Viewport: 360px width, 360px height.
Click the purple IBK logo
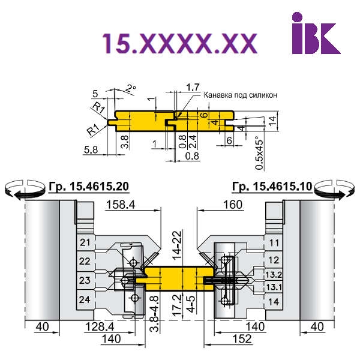point(316,33)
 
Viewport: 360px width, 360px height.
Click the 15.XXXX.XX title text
point(179,44)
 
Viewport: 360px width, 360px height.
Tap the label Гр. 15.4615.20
point(89,187)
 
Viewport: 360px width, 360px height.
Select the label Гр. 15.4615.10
point(272,187)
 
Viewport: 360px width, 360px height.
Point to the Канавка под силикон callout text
point(241,95)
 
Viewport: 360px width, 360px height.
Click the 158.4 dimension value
point(121,205)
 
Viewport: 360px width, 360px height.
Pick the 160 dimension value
point(233,205)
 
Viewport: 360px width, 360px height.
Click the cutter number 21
point(85,242)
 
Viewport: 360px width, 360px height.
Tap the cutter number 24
point(85,299)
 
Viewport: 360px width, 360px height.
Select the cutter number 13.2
point(274,275)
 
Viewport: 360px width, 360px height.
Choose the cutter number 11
point(274,243)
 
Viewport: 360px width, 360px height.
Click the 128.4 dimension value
point(100,326)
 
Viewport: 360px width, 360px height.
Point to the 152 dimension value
point(242,339)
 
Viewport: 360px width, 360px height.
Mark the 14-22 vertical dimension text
point(177,245)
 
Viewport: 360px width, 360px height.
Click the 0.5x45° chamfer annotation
point(259,153)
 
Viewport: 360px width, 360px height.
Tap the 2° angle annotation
point(131,89)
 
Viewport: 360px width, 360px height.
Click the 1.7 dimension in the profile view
point(193,87)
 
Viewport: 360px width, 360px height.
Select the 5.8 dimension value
point(91,150)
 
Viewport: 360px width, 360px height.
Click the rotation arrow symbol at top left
point(25,189)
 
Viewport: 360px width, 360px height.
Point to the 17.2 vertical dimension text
point(177,305)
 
